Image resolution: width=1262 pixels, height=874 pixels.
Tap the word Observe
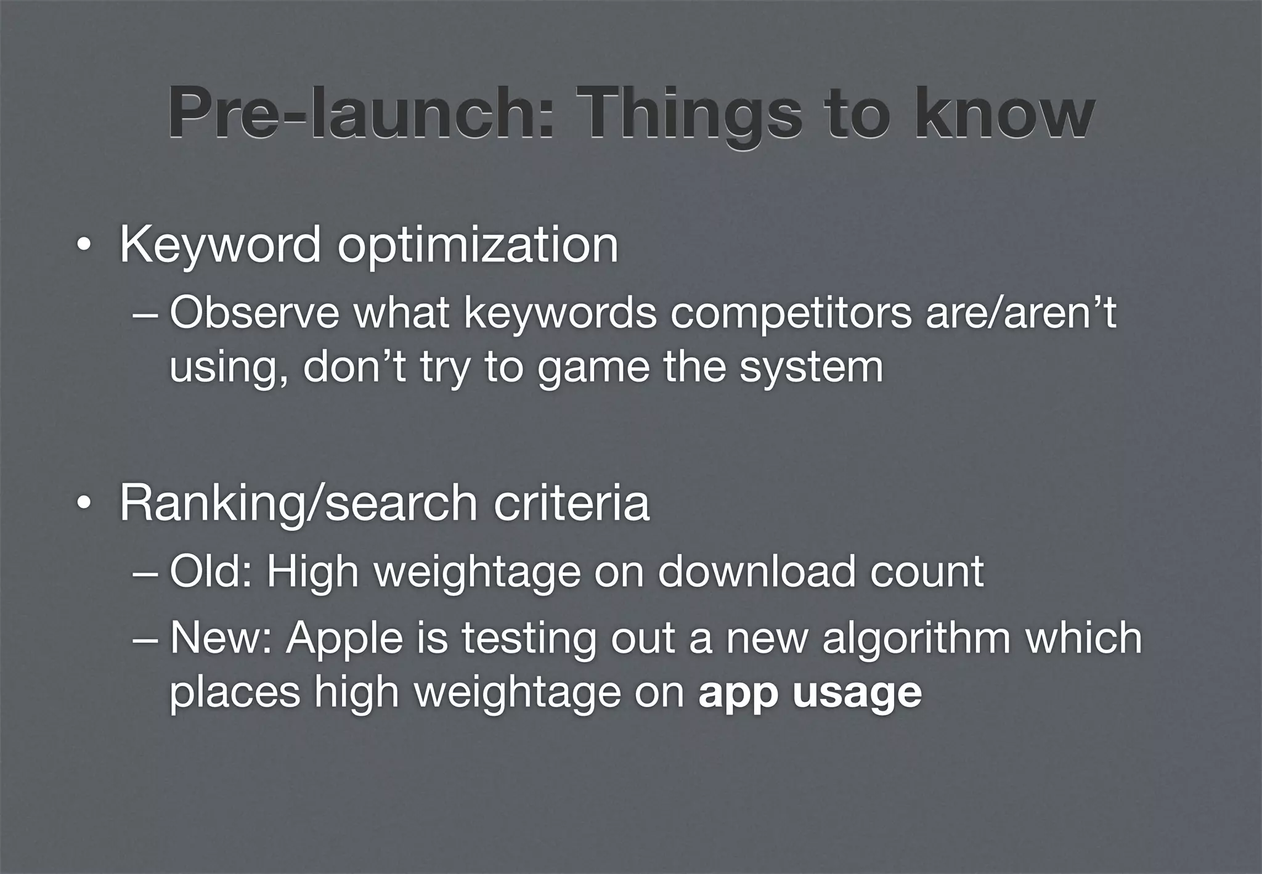pos(254,312)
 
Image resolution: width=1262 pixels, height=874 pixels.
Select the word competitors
pos(791,312)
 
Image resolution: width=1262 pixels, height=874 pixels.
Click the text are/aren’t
pos(1020,312)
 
